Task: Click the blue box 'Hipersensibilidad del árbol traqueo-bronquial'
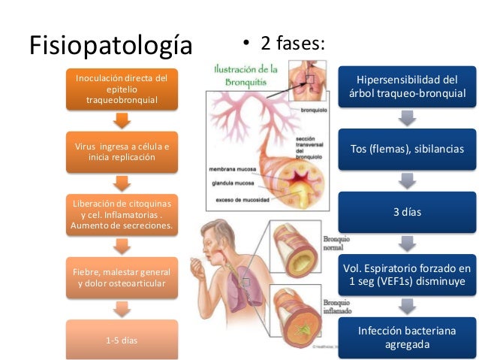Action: click(x=407, y=86)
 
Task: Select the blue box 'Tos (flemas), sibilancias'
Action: click(x=407, y=149)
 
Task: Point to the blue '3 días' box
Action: click(x=407, y=212)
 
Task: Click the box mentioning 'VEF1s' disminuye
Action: click(x=407, y=274)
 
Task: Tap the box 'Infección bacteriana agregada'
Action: click(x=407, y=337)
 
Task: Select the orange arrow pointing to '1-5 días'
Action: click(x=122, y=309)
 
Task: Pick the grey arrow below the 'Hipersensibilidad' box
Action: click(x=407, y=118)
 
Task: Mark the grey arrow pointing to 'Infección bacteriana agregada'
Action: click(x=407, y=306)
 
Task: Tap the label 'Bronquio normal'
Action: click(x=333, y=241)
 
